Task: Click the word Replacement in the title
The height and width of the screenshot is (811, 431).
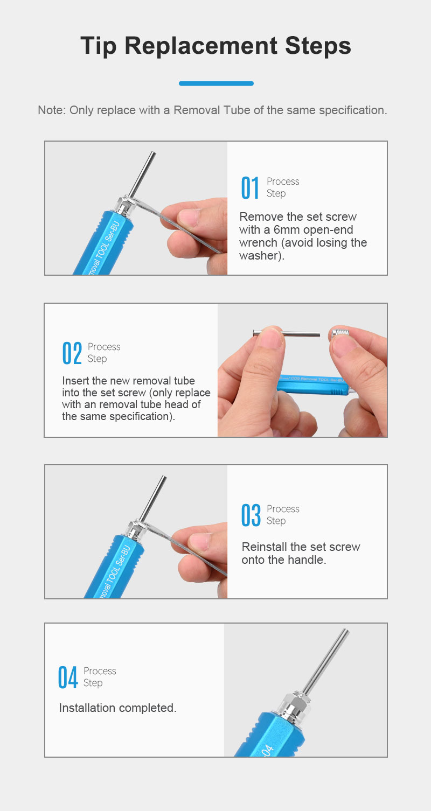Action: coord(201,46)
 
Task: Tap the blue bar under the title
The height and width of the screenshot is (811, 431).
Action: coord(216,83)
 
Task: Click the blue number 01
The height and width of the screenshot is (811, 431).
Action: coord(250,187)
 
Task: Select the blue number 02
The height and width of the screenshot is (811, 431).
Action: coord(72,353)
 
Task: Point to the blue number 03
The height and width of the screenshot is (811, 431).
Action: coord(251,515)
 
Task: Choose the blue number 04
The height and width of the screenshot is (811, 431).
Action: coord(68,677)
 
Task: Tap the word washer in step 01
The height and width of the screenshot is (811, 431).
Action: coord(258,256)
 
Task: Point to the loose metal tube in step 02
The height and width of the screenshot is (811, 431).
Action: coord(287,333)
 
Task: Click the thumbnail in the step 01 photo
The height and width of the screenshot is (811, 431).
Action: coord(189,217)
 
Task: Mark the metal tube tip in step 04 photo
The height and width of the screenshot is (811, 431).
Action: coord(346,631)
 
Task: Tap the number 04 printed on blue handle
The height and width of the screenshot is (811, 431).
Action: coord(267,750)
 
